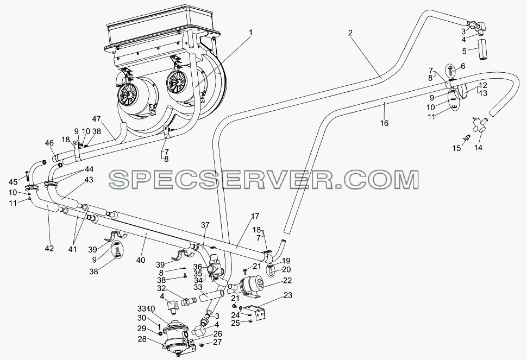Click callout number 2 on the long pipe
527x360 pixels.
coord(350,33)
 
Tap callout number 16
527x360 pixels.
coord(384,123)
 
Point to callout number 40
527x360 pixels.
coord(141,260)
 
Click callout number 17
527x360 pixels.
coord(255,217)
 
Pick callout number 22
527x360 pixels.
coord(287,280)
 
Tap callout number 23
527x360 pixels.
coord(288,295)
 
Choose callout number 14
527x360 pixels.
coord(478,148)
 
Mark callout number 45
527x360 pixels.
coord(13,182)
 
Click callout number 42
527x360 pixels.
coord(49,249)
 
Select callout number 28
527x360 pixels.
coord(142,339)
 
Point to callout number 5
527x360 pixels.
coord(464,52)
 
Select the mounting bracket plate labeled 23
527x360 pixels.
coord(258,313)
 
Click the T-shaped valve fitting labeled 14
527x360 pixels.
coord(478,125)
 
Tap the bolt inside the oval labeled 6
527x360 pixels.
coord(451,71)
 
